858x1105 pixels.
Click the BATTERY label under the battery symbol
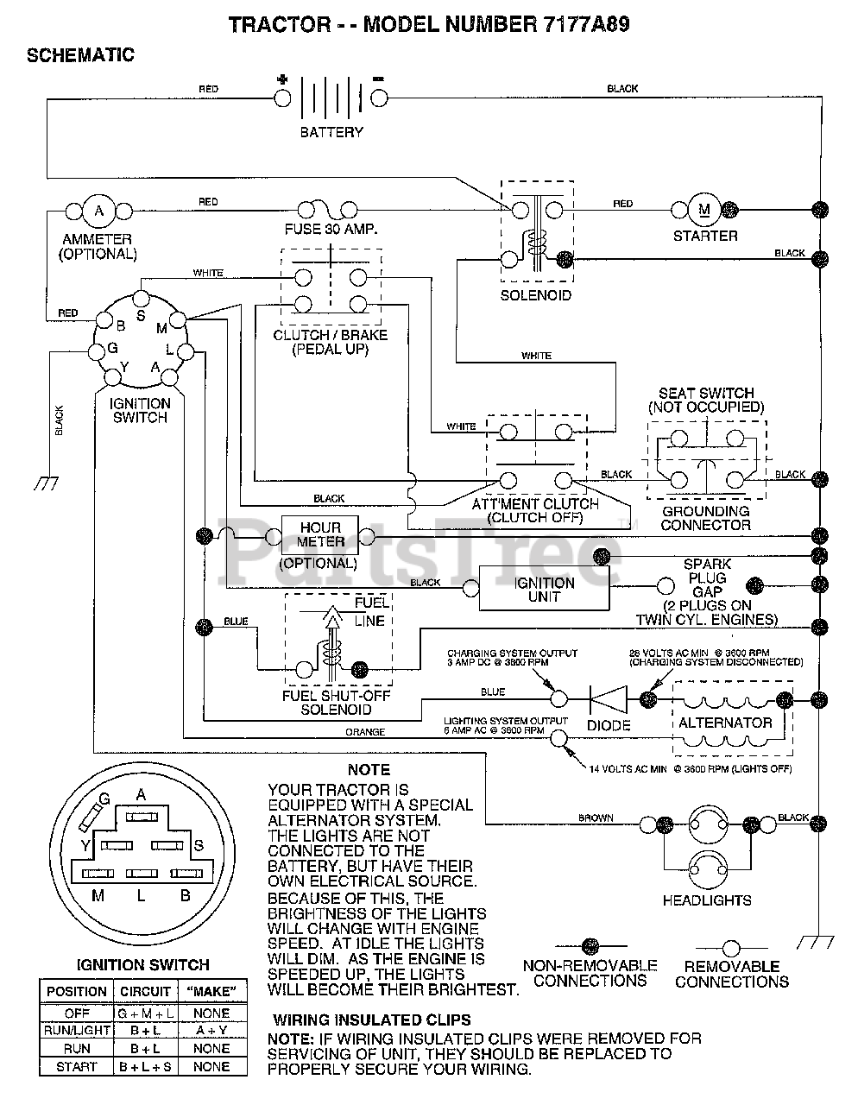click(x=331, y=132)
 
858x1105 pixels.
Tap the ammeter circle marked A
click(x=99, y=211)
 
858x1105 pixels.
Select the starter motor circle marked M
click(x=704, y=210)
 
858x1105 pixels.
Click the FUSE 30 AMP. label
click(x=331, y=230)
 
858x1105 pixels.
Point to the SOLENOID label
click(x=536, y=295)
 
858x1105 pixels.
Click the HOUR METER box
click(x=320, y=535)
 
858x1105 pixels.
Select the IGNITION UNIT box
click(x=545, y=589)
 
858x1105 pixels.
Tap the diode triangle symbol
click(x=609, y=700)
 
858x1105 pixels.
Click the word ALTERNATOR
click(x=725, y=723)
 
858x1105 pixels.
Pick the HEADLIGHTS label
click(x=707, y=900)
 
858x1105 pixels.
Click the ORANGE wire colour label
click(x=365, y=732)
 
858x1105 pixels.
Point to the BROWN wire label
click(x=596, y=818)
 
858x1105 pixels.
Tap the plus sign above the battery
click(x=282, y=79)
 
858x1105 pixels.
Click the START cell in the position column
click(x=76, y=1067)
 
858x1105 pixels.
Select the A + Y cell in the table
click(x=211, y=1030)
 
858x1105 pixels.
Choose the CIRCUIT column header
click(x=145, y=992)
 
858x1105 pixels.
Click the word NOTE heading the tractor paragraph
click(x=369, y=770)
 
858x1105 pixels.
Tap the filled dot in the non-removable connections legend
click(x=590, y=946)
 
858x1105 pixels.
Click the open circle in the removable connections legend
click(x=731, y=948)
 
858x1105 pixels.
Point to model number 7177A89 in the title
click(x=587, y=24)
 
